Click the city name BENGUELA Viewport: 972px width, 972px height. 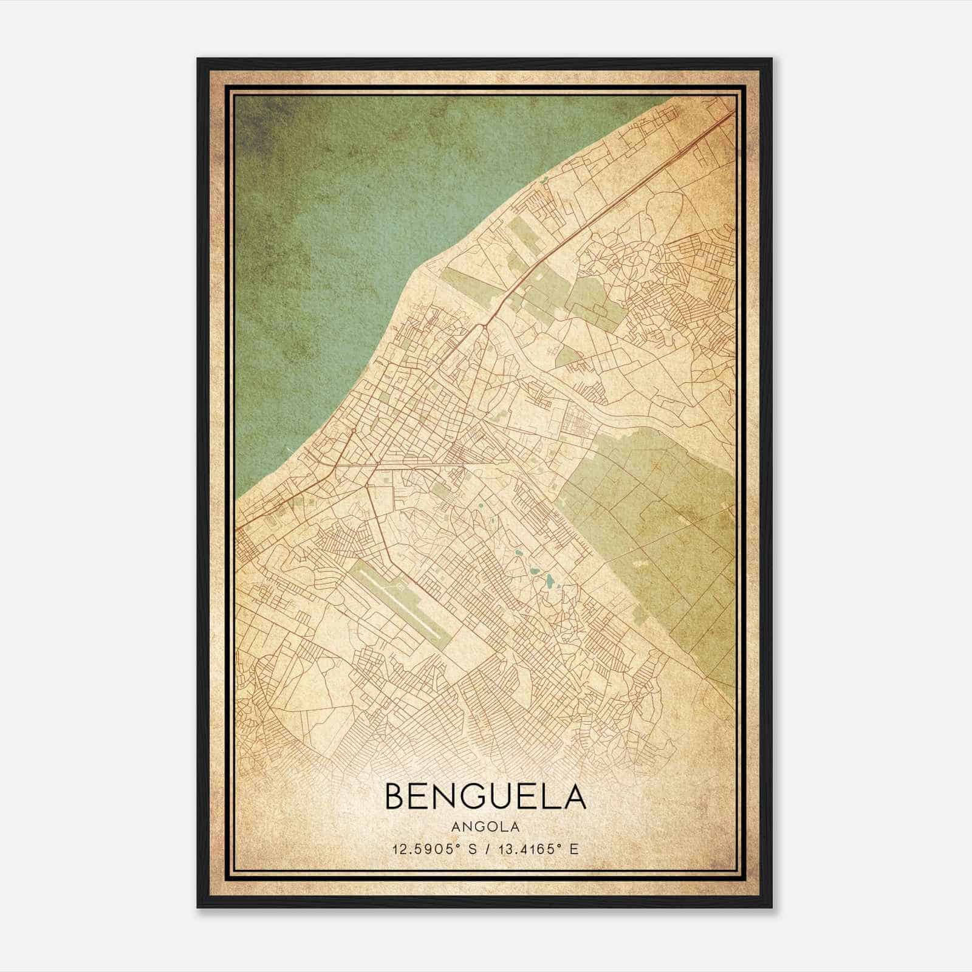485,797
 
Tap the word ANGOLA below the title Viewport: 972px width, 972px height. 485,827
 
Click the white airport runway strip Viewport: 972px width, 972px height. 404,601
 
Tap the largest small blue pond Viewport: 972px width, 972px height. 549,581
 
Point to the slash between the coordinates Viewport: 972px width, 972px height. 488,849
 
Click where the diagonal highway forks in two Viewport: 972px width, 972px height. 484,326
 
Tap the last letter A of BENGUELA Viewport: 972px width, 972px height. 575,797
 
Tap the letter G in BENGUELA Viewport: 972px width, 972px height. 477,797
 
